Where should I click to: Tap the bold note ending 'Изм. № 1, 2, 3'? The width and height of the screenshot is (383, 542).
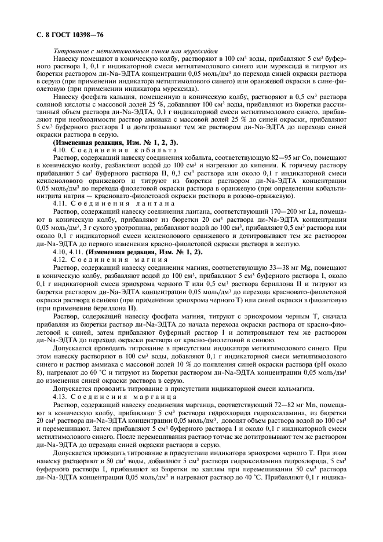(115, 142)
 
